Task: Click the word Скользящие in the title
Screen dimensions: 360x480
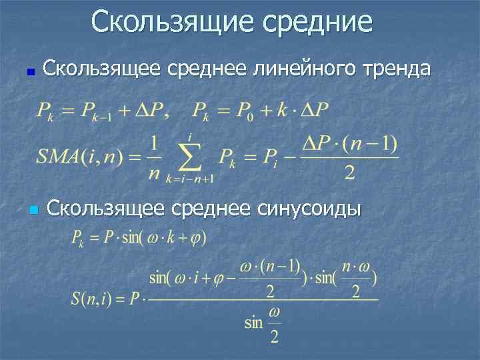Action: pyautogui.click(x=172, y=21)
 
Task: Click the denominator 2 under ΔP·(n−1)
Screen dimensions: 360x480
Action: pyautogui.click(x=349, y=174)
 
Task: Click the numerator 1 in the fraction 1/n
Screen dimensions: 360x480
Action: pyautogui.click(x=154, y=143)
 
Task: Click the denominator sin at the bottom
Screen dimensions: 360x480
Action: pyautogui.click(x=254, y=323)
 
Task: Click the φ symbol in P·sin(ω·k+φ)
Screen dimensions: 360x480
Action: pyautogui.click(x=198, y=238)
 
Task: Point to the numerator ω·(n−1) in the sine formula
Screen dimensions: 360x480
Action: pyautogui.click(x=269, y=266)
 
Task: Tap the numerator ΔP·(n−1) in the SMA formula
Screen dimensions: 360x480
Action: pyautogui.click(x=350, y=143)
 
